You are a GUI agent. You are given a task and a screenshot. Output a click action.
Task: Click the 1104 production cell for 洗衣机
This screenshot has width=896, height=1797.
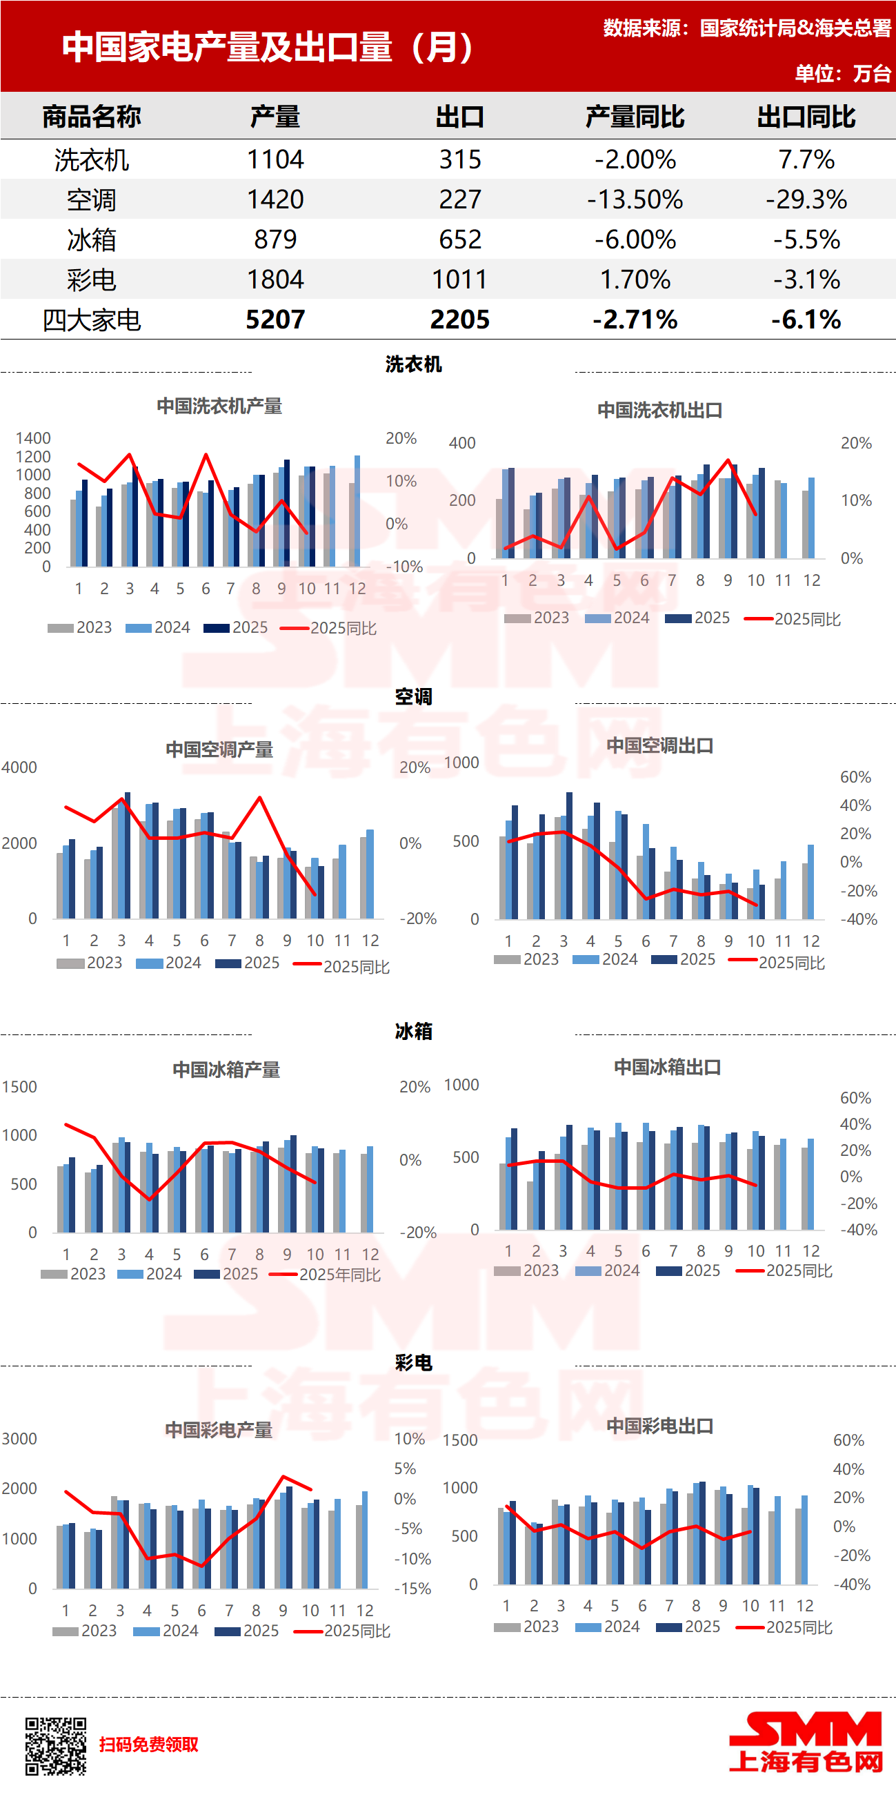pos(275,159)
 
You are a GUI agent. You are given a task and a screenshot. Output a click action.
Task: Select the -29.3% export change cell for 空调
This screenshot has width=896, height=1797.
pos(806,199)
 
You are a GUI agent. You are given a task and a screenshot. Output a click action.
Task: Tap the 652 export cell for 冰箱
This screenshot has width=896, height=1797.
pos(459,240)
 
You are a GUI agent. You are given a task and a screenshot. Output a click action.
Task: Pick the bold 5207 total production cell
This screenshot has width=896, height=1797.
pos(275,320)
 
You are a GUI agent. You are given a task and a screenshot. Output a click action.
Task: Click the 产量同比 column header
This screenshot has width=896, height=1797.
pos(635,117)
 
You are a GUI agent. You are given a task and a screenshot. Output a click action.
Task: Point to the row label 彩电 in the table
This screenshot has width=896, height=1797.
pos(91,279)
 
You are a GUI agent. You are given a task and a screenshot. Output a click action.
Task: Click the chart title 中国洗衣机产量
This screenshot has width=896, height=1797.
pos(219,406)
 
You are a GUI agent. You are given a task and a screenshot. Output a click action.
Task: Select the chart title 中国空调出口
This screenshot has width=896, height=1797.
pos(659,745)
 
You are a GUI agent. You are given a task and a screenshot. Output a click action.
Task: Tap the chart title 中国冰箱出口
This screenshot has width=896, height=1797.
pos(667,1067)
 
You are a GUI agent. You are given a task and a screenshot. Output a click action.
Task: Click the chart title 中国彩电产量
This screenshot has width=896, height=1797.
pos(218,1430)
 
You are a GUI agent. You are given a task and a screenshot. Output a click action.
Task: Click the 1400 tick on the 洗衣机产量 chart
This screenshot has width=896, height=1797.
pos(33,438)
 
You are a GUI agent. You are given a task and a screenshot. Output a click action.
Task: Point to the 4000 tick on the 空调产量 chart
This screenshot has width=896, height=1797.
pos(19,767)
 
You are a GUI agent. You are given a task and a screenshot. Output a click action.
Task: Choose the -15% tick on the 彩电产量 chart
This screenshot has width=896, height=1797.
pos(412,1589)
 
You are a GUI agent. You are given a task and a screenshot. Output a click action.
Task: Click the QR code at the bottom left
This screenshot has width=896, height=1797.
pos(57,1746)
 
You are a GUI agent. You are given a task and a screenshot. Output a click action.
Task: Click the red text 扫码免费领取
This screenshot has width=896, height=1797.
pos(148,1745)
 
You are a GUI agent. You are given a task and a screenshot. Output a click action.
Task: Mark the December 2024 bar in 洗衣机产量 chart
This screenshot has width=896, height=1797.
pos(358,511)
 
